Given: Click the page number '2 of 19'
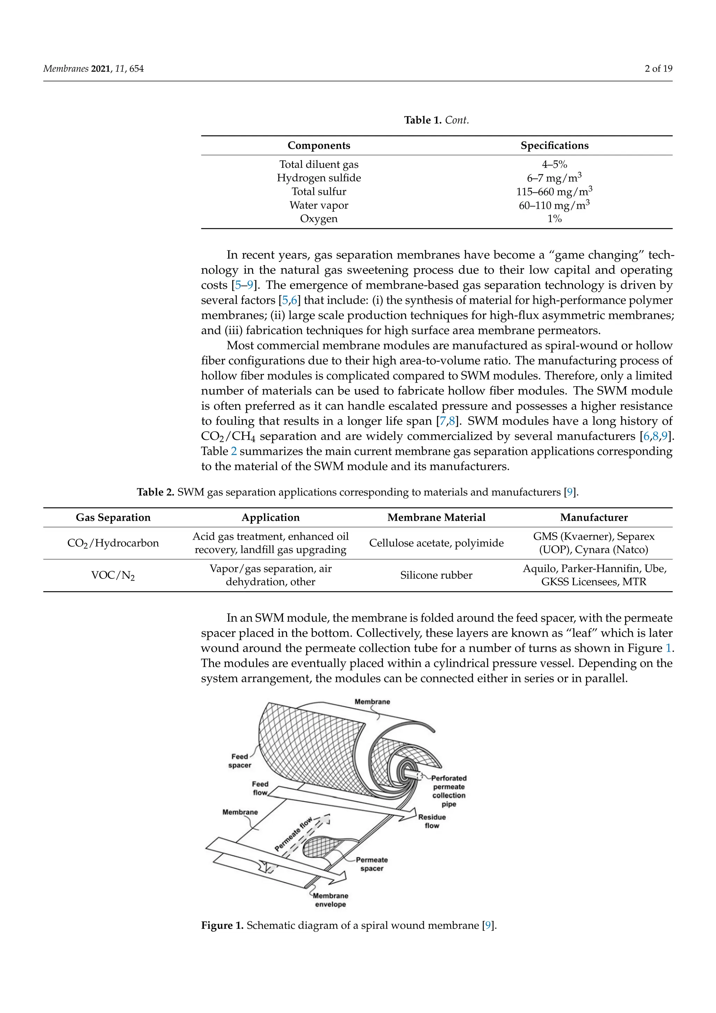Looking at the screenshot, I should (x=658, y=69).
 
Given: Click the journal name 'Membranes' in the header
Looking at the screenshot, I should (x=66, y=69).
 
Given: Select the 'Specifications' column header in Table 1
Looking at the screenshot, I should (x=554, y=146).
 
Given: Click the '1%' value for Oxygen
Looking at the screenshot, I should (x=554, y=219).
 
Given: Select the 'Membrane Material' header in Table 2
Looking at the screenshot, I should (x=436, y=518).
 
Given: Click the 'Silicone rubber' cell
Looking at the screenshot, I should (x=436, y=575).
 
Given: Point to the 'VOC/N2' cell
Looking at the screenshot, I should (x=113, y=575).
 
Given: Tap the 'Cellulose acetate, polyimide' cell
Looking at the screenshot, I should (x=436, y=543).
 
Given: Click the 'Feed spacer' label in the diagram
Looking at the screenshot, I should (x=240, y=761).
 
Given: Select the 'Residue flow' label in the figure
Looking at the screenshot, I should (x=432, y=821).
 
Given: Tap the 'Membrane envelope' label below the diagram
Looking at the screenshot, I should (x=330, y=900).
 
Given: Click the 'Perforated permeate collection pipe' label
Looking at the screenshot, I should (x=449, y=791).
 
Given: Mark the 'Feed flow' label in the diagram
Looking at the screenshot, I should (x=260, y=788).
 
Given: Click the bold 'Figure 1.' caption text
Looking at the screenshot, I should (x=222, y=926).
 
